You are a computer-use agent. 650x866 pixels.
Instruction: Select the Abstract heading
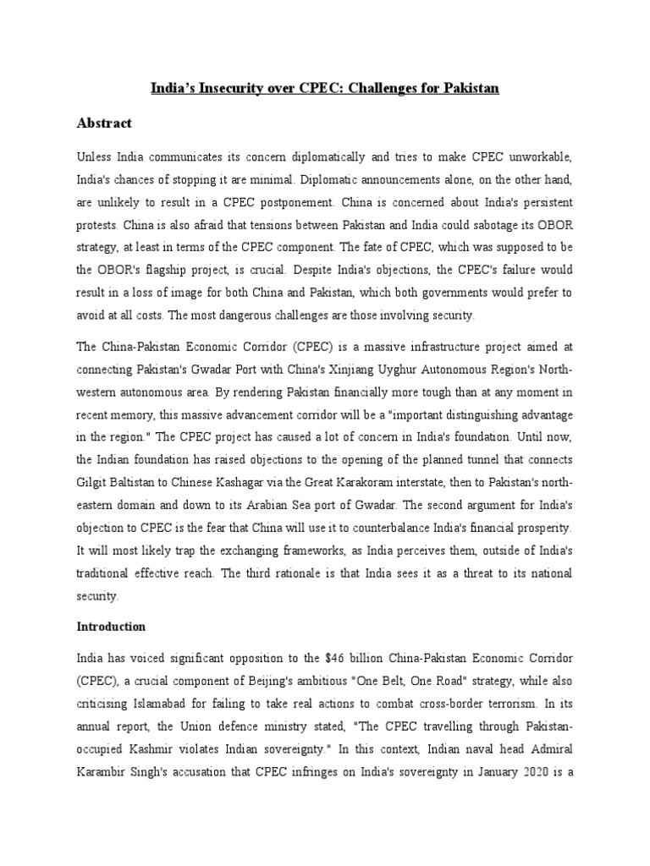pos(104,123)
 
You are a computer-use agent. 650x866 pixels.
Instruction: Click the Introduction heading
pos(112,627)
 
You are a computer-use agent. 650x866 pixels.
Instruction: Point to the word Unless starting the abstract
pos(96,158)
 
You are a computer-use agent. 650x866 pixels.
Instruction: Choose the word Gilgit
pos(94,482)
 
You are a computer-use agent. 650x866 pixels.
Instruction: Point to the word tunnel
pos(474,459)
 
